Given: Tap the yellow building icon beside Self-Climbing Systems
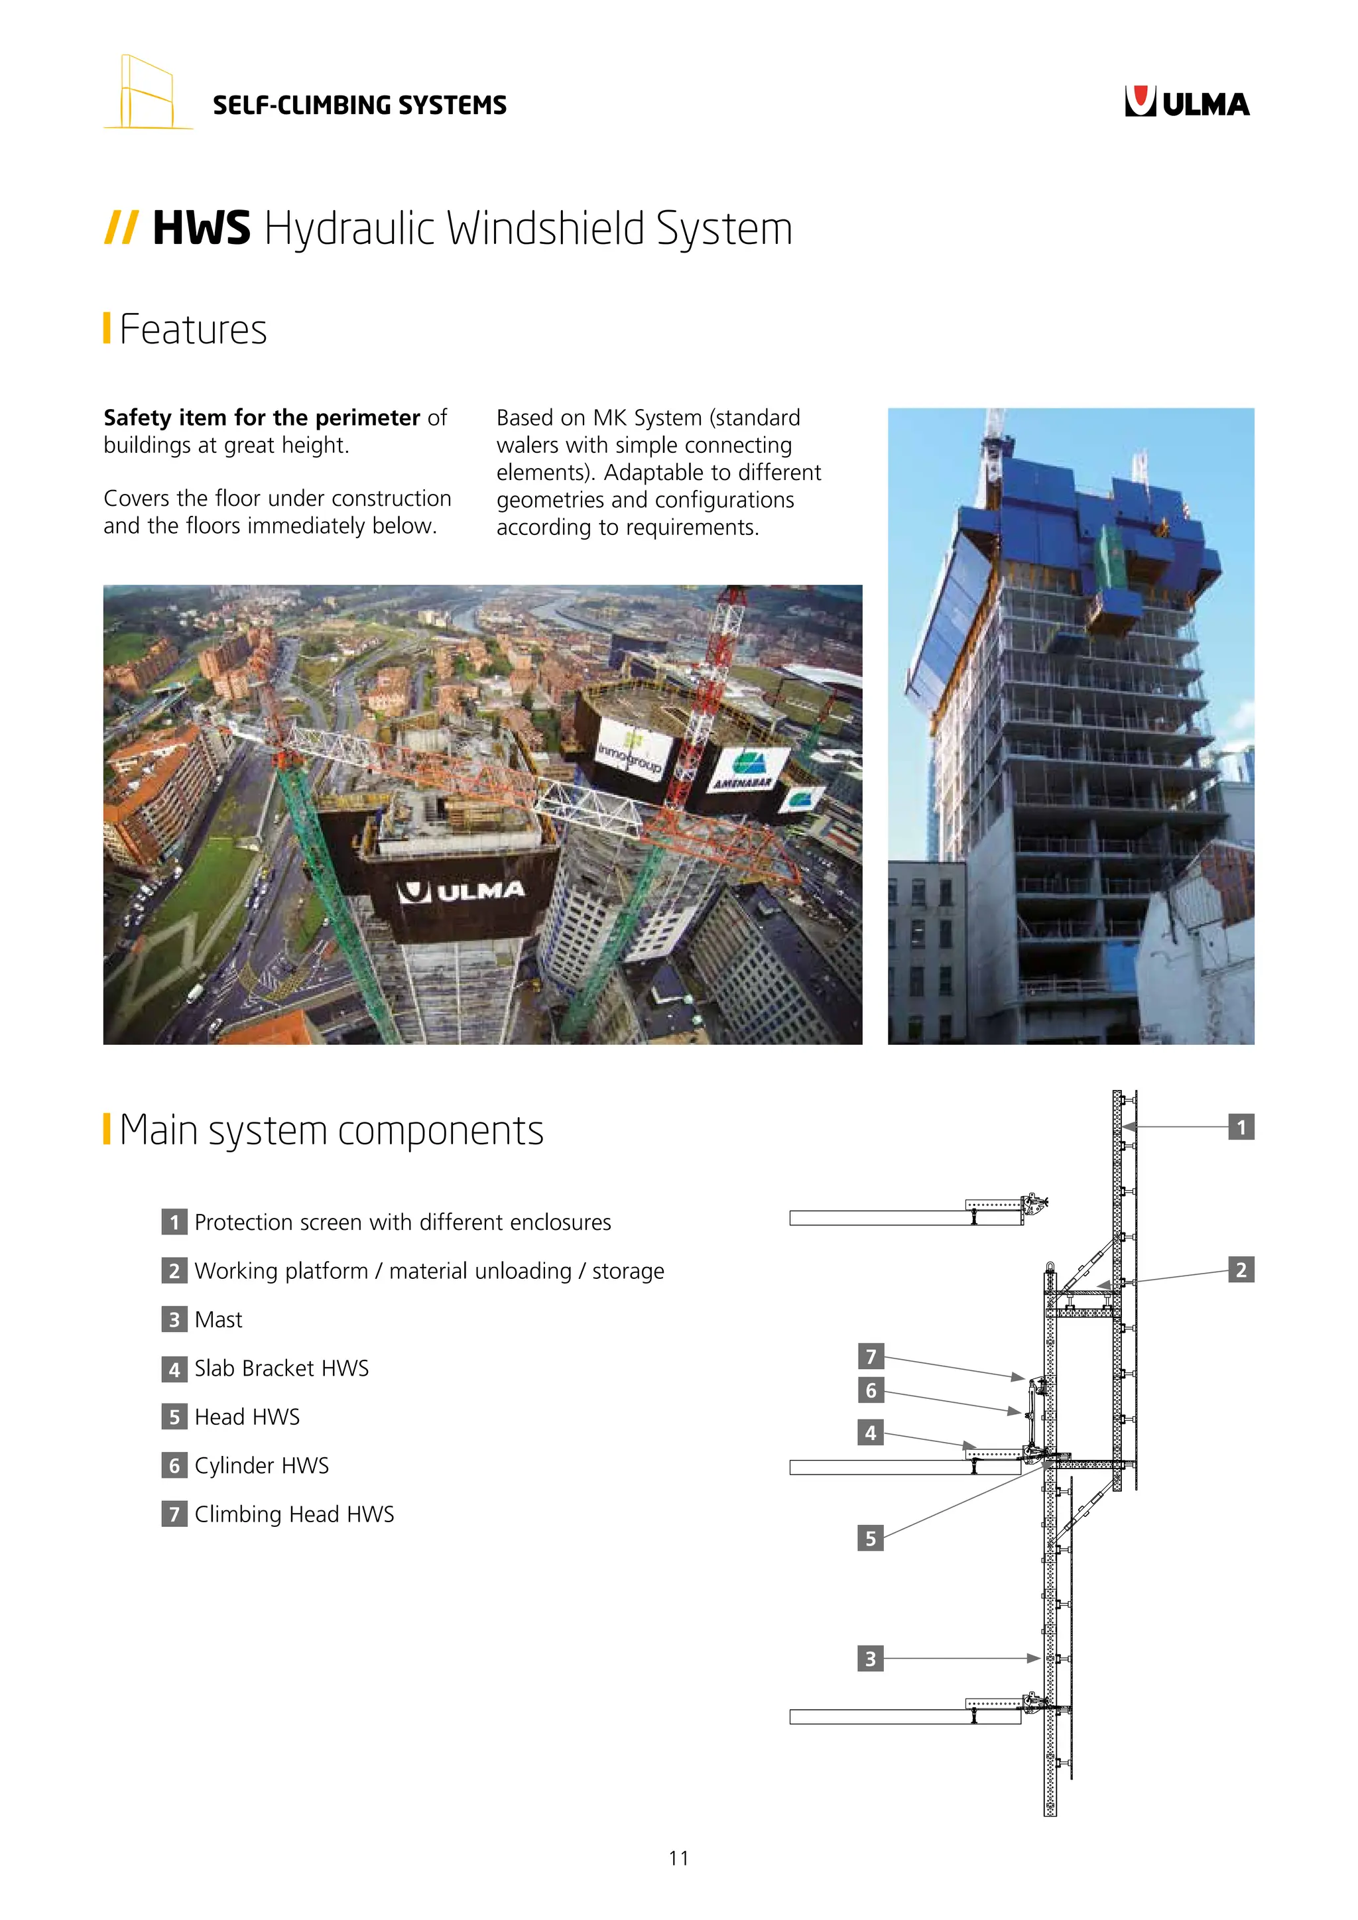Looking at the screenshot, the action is coord(147,93).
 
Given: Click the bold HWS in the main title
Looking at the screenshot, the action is coord(202,228).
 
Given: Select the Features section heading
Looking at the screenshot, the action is coord(192,330).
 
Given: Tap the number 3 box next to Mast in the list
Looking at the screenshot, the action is coord(174,1319).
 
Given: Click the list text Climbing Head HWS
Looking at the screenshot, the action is coord(294,1514).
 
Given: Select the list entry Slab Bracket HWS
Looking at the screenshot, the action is coord(281,1368).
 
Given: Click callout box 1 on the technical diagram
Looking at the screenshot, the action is coord(1241,1127).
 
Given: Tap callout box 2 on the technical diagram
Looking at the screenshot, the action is coord(1241,1270).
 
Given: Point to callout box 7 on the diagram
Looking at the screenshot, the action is coord(871,1356).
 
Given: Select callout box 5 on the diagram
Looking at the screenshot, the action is coord(871,1538).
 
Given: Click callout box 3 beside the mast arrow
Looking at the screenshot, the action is coord(871,1658).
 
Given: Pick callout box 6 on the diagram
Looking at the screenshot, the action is coord(871,1390).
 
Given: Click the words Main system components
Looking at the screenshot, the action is coord(331,1130).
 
